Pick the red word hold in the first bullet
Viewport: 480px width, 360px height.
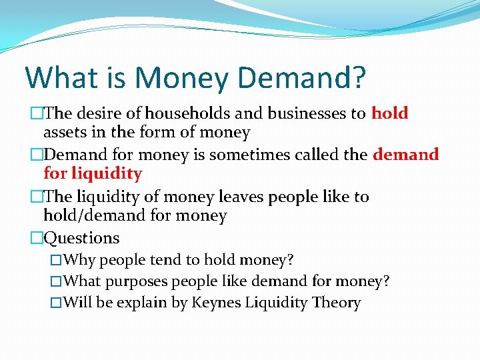click(x=389, y=113)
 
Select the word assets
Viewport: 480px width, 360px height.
click(x=64, y=133)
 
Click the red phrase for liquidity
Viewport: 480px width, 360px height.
click(x=93, y=174)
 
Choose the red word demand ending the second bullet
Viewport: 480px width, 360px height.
click(x=405, y=155)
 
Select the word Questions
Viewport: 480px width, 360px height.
click(x=81, y=238)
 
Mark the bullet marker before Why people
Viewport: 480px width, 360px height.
click(x=57, y=259)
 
